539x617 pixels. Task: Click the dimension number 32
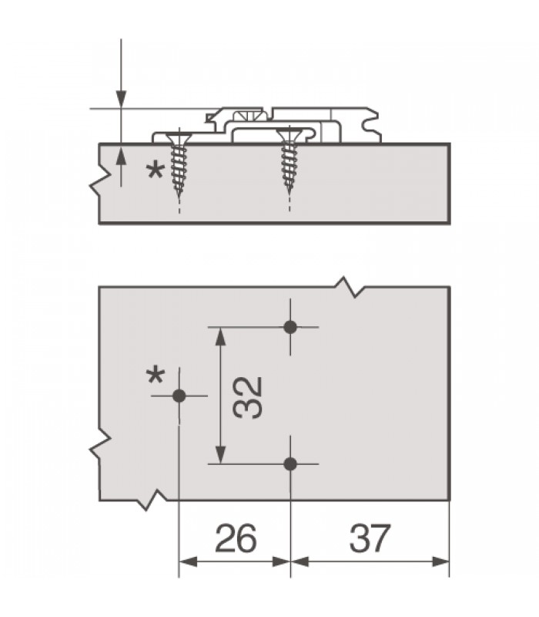247,397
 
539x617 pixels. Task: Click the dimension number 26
236,538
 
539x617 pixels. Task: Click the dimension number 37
370,538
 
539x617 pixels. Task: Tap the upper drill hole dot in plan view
290,327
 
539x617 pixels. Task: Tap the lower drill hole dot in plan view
290,464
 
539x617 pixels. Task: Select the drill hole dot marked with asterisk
179,396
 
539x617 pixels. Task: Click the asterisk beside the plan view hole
156,376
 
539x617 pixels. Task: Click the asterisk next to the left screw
156,171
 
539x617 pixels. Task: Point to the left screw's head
179,139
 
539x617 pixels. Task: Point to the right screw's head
290,136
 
